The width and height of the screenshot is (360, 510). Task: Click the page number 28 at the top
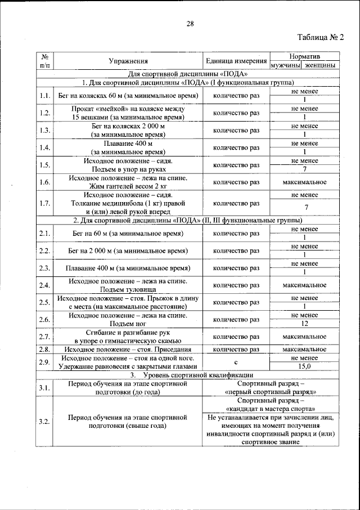pos(190,23)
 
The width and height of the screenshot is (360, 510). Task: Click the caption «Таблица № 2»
pos(319,38)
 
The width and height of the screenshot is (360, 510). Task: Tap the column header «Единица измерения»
pos(236,61)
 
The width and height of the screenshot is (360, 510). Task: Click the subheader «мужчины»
pos(286,65)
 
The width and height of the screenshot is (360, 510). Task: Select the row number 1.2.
pos(45,113)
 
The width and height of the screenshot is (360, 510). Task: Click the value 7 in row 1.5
pos(304,169)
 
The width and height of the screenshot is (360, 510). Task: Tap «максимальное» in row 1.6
pos(304,182)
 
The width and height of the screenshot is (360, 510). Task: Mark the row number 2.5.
pos(45,302)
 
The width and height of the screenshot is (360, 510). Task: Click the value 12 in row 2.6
pos(304,324)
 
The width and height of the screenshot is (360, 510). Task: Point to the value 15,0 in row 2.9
pos(304,366)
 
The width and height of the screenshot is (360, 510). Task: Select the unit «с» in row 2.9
pos(236,362)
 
